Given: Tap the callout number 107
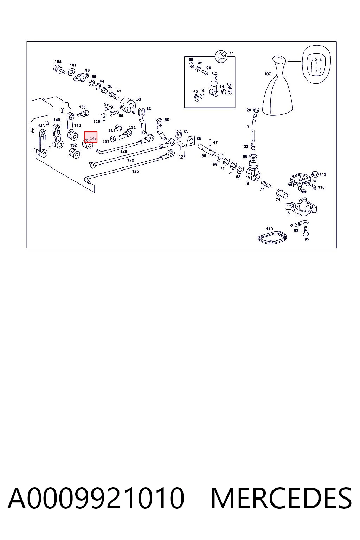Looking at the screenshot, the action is [x=268, y=74].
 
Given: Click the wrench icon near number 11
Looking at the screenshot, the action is [x=221, y=56].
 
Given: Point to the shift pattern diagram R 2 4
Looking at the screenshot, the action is [x=316, y=65].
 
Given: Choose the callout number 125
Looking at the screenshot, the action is [x=135, y=171].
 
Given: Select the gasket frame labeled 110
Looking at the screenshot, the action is [x=272, y=237].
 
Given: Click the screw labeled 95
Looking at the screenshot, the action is [x=306, y=231].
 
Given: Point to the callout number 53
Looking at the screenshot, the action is [x=139, y=99].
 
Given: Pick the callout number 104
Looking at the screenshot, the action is [x=58, y=62].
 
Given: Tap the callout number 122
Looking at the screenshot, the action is [x=130, y=160].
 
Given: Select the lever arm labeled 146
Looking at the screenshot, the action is [x=43, y=143].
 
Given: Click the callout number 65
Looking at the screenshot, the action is [x=198, y=139].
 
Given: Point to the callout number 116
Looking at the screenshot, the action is [x=321, y=187].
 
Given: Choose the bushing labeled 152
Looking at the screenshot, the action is [x=74, y=153].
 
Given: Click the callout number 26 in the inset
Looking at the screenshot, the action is [x=208, y=68].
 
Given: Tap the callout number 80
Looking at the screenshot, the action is [x=245, y=156].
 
